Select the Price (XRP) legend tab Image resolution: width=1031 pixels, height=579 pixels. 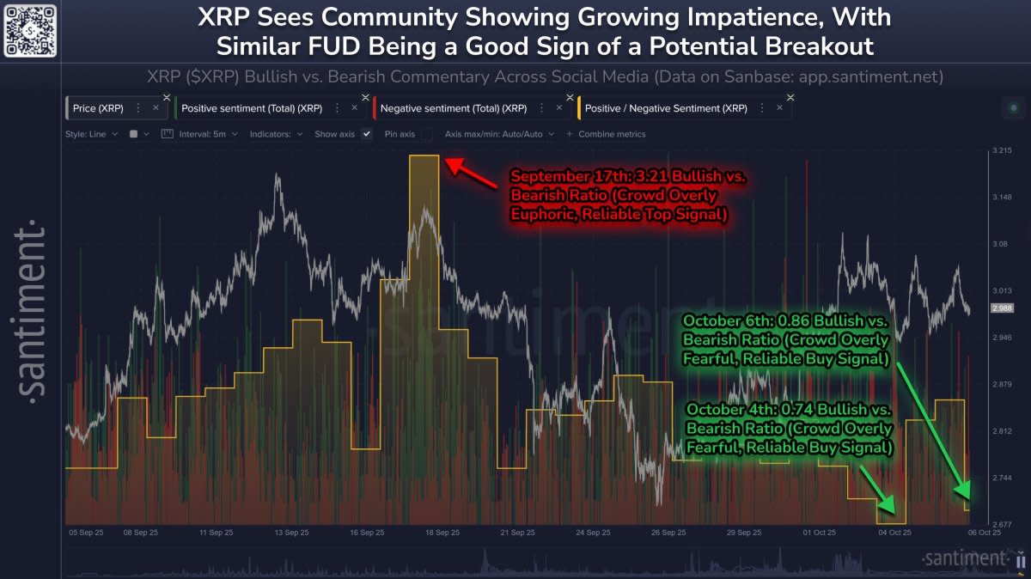[x=98, y=108]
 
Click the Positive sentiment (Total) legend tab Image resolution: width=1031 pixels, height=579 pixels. [x=248, y=108]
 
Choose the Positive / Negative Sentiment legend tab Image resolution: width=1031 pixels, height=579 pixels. [x=665, y=108]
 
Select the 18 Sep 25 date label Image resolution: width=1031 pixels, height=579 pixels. [x=442, y=533]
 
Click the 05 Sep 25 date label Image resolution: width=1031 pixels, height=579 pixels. [x=86, y=533]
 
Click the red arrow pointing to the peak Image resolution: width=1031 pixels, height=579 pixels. [x=471, y=173]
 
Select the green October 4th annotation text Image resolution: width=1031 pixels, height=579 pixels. [x=789, y=428]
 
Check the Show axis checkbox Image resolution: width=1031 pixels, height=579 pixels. [x=367, y=134]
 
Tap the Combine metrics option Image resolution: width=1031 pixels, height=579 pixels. [x=611, y=134]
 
